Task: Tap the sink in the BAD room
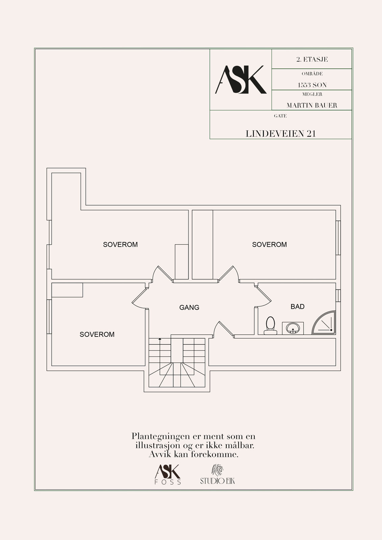(x=293, y=328)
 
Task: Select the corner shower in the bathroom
(x=324, y=323)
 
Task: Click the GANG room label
(x=189, y=307)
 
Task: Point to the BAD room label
(x=297, y=306)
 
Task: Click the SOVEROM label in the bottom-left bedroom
(x=97, y=334)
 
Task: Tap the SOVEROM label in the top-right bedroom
(x=269, y=244)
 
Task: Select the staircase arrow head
(x=160, y=339)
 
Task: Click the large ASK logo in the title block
(x=240, y=79)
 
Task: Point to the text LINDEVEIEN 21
(x=281, y=134)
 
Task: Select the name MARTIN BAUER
(x=312, y=105)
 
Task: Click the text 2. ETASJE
(x=312, y=59)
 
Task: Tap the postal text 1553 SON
(x=312, y=85)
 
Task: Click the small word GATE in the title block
(x=280, y=116)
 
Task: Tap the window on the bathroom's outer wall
(x=338, y=296)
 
